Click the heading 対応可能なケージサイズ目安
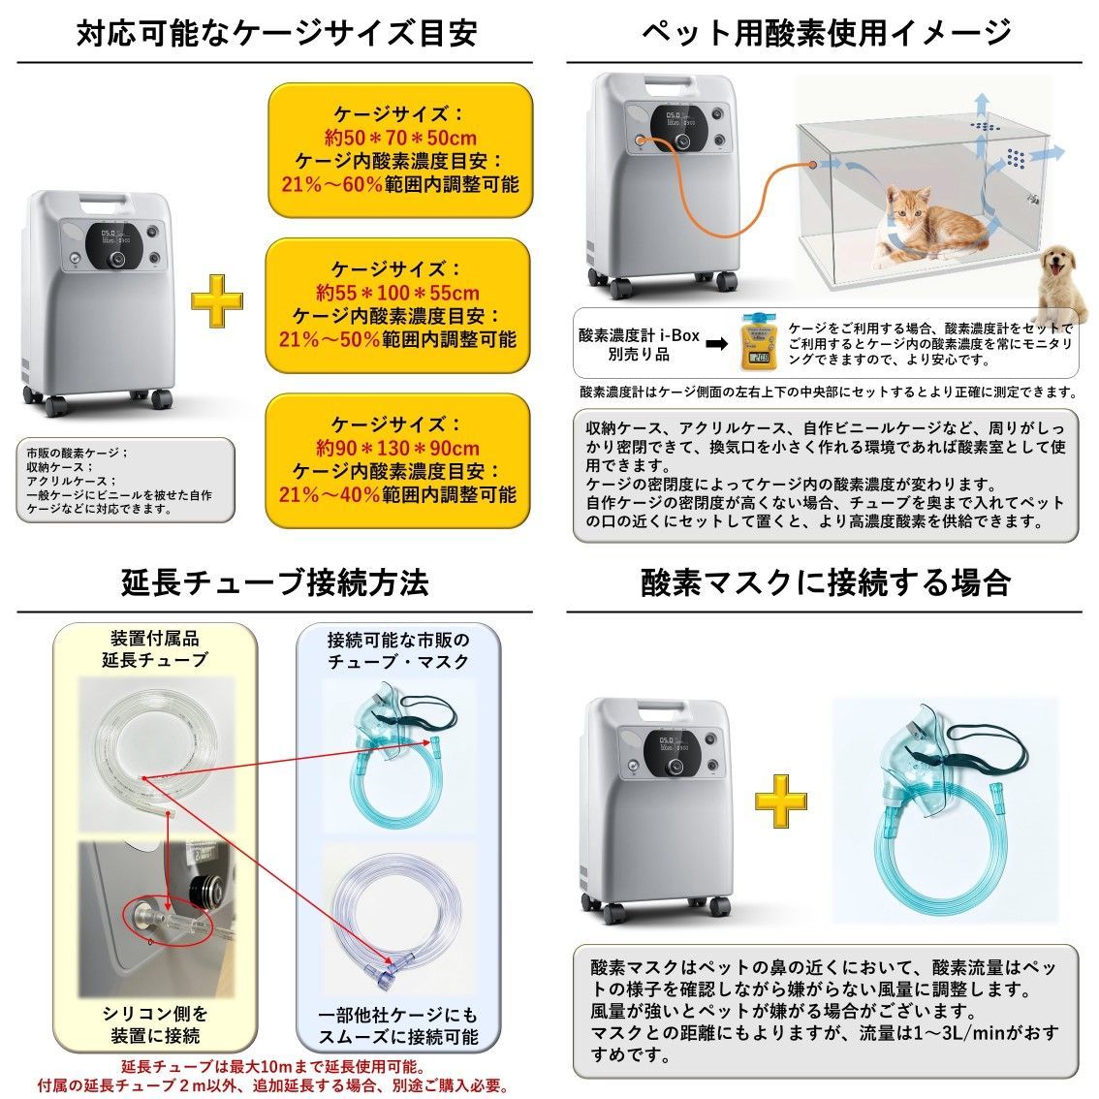[277, 33]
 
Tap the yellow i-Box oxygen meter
[758, 340]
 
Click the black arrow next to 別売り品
[716, 342]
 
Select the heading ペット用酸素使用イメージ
[827, 33]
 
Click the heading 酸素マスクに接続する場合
[827, 582]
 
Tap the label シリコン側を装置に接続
[155, 1025]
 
